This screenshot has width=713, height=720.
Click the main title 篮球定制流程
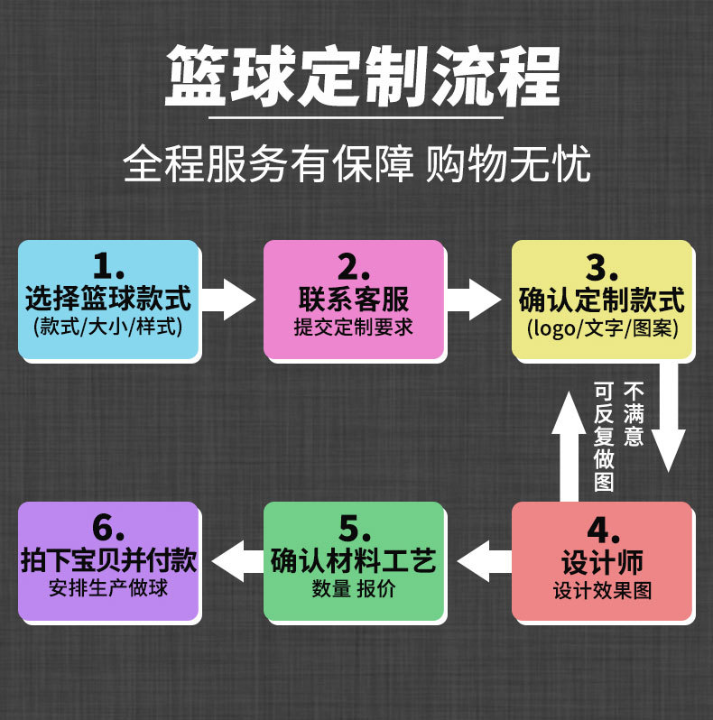click(x=363, y=77)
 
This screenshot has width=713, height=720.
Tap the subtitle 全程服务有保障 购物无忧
click(x=356, y=164)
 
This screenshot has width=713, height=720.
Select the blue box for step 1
click(x=108, y=300)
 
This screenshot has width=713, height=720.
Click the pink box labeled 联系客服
click(x=353, y=300)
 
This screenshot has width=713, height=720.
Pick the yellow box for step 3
click(x=602, y=300)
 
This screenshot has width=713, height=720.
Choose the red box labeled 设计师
click(x=602, y=561)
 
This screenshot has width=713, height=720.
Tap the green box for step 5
click(x=353, y=561)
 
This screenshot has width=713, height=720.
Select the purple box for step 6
click(x=108, y=561)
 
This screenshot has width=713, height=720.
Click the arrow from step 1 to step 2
click(x=228, y=299)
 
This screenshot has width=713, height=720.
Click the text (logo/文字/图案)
click(x=602, y=327)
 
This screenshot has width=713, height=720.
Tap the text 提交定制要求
click(x=353, y=327)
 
